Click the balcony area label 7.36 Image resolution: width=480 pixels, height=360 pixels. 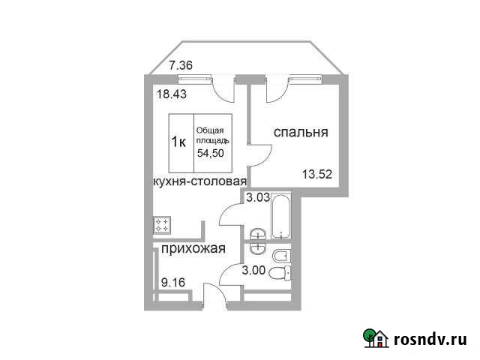click(181, 65)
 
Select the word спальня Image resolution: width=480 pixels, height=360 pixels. click(300, 133)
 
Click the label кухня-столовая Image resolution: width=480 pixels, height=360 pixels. click(199, 181)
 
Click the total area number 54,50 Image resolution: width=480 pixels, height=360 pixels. click(211, 153)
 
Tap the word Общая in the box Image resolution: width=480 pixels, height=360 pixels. click(211, 130)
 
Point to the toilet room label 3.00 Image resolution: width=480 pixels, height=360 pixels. click(254, 271)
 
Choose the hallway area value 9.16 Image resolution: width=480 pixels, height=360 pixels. click(173, 283)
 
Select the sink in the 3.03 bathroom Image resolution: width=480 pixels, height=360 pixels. click(256, 232)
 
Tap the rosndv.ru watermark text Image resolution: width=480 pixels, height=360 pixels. click(431, 338)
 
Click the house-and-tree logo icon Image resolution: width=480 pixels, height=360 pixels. click(375, 338)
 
